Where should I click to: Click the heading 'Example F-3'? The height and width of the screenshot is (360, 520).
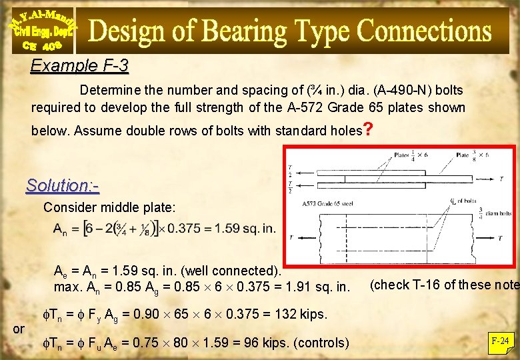tap(79, 66)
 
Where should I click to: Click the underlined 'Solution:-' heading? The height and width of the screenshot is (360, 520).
tap(62, 185)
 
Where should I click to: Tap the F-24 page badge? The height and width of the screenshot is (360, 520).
tap(500, 342)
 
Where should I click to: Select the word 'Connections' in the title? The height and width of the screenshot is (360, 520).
tap(424, 31)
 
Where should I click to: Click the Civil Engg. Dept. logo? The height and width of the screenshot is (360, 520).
tap(43, 29)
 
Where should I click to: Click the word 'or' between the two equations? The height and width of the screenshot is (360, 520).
tap(19, 329)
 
